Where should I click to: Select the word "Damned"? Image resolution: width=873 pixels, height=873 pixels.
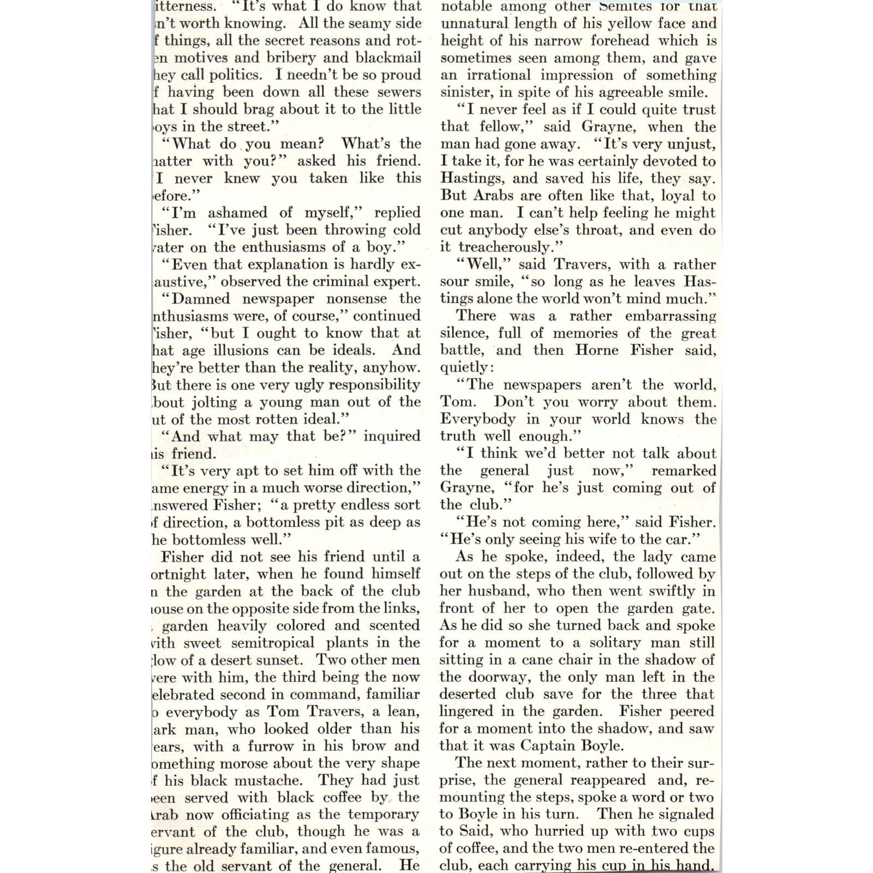(201, 299)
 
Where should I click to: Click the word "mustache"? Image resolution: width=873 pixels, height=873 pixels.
(270, 781)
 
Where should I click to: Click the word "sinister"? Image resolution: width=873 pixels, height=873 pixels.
(464, 93)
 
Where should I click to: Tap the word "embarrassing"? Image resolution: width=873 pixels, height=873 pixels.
(670, 316)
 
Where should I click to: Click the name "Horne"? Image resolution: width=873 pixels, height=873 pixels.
(596, 350)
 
